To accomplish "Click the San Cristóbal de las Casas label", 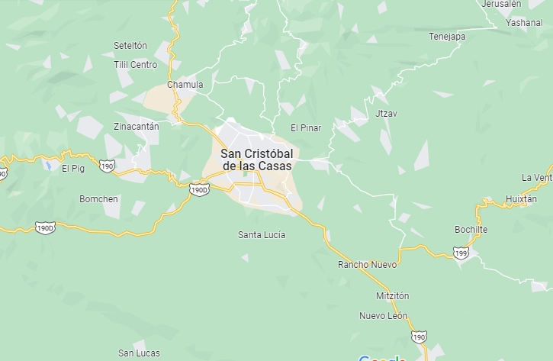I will pyautogui.click(x=256, y=159).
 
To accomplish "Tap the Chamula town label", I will pyautogui.click(x=185, y=85).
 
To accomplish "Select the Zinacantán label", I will pyautogui.click(x=136, y=126).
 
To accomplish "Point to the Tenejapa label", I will pyautogui.click(x=447, y=36).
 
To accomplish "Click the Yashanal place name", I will pyautogui.click(x=524, y=23).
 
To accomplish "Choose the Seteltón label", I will pyautogui.click(x=130, y=46).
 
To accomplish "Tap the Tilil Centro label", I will pyautogui.click(x=135, y=65).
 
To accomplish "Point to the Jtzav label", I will pyautogui.click(x=387, y=113).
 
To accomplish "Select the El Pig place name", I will pyautogui.click(x=72, y=168).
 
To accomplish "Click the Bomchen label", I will pyautogui.click(x=99, y=199).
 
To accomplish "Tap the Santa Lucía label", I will pyautogui.click(x=262, y=234).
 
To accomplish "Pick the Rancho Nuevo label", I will pyautogui.click(x=368, y=265).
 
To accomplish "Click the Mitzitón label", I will pyautogui.click(x=393, y=295).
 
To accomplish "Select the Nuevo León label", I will pyautogui.click(x=384, y=316).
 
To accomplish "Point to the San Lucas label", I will pyautogui.click(x=139, y=353).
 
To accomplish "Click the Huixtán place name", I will pyautogui.click(x=522, y=199).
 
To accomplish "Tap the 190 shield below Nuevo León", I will pyautogui.click(x=419, y=337).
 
